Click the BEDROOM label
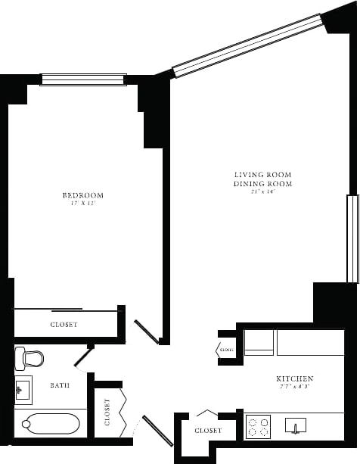coord(82,195)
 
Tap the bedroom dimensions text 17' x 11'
coord(82,204)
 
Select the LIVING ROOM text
coord(262,176)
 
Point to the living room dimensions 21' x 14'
coord(262,192)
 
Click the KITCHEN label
coord(296,378)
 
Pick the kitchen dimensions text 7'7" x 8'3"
coord(296,387)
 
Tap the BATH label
coord(60,385)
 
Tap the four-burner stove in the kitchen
coord(258,426)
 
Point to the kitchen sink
coord(296,426)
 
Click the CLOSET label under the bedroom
coord(64,325)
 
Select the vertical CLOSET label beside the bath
coord(107,412)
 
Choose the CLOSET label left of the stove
coord(208,430)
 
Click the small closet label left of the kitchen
coord(226,350)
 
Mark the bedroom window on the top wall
coord(82,79)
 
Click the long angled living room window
coord(248,45)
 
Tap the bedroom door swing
coord(147,332)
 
